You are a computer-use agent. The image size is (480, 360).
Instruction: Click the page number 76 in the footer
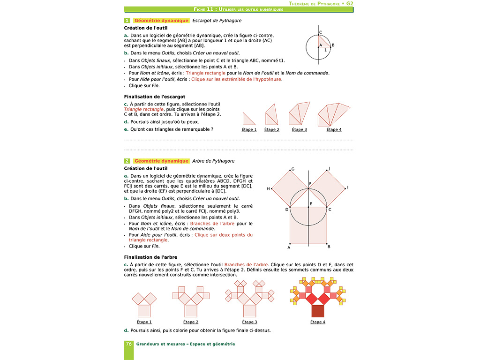tap(128, 344)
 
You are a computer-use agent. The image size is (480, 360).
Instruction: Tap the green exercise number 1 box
tap(127, 21)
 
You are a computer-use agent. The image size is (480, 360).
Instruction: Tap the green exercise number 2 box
tap(127, 161)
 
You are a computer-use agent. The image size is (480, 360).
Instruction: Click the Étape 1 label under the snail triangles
tap(249, 130)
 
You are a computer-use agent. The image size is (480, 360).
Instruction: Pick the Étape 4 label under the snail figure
tap(334, 130)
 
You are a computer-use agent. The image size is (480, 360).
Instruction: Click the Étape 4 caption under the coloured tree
tap(317, 322)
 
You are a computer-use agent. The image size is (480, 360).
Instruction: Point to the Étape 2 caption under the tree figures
tap(191, 322)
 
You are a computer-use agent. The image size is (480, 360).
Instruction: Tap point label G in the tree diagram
tap(292, 169)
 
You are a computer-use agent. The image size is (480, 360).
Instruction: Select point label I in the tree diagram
tap(347, 187)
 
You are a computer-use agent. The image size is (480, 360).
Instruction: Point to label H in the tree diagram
tap(269, 188)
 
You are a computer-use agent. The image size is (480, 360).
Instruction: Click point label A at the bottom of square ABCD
tap(289, 247)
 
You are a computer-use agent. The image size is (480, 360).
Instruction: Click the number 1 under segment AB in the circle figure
tap(325, 49)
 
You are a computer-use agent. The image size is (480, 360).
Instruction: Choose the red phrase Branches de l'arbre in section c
tap(243, 264)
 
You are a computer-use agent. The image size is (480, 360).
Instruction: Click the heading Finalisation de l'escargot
tap(154, 97)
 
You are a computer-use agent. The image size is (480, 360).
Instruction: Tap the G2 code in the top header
tap(350, 3)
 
